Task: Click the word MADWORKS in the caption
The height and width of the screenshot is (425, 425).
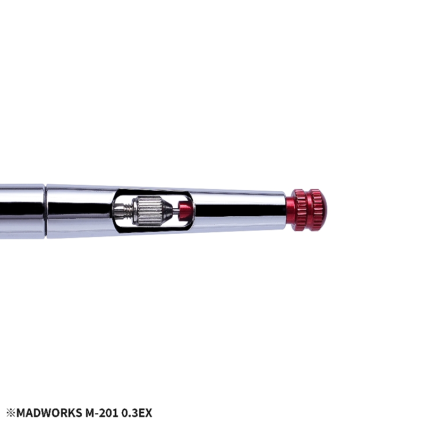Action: click(49, 413)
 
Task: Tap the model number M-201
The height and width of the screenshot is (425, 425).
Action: click(101, 413)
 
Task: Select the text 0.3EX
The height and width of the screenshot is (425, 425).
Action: click(137, 413)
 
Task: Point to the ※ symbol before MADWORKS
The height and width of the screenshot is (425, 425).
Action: click(11, 413)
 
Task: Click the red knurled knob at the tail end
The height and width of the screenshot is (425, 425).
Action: click(309, 210)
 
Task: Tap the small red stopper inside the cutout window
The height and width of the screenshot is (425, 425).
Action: click(185, 209)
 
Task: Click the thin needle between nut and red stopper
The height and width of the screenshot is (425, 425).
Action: click(176, 209)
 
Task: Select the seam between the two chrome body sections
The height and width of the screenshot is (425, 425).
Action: click(46, 211)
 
